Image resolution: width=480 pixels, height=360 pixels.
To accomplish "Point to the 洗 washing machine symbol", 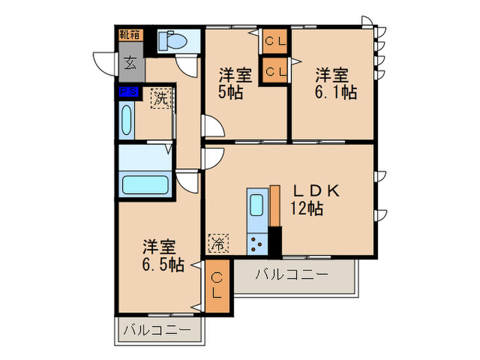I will click(x=160, y=98).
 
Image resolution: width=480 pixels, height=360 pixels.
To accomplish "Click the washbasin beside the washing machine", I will click(x=127, y=120).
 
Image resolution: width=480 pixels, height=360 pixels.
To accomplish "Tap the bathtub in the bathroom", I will click(x=145, y=186).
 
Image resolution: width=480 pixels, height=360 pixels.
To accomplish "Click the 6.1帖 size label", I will click(x=336, y=92).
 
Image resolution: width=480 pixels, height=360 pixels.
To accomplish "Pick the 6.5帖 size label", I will click(x=163, y=265).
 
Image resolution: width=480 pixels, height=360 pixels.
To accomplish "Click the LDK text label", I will click(x=316, y=191).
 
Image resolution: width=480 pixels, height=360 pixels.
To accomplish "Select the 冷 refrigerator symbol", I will click(x=218, y=242).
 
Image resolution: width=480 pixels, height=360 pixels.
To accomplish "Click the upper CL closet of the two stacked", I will click(x=276, y=42).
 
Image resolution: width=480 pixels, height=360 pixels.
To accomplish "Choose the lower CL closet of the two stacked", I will click(x=276, y=71).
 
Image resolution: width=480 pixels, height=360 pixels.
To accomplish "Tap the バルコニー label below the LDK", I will click(x=292, y=275).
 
